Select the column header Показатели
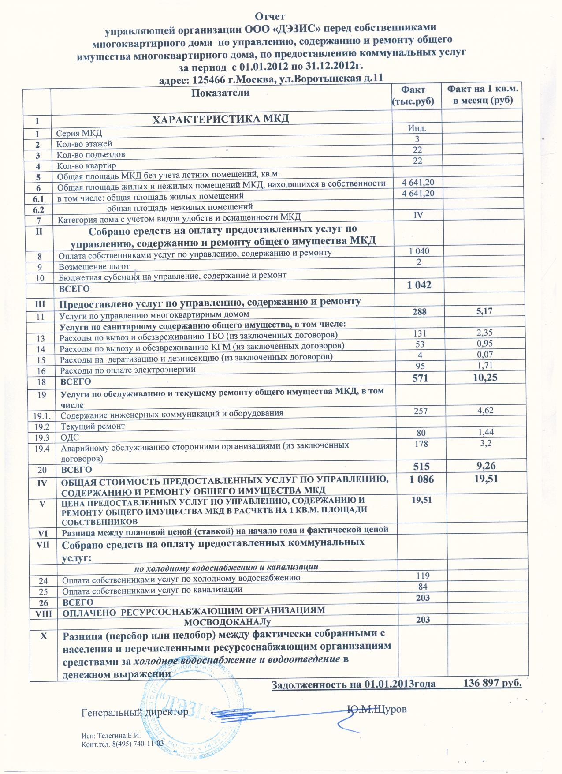(220, 93)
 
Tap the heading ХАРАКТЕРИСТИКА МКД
(220, 119)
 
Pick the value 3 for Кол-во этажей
(417, 139)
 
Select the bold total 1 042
(419, 285)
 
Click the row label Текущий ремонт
(93, 426)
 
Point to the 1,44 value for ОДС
(486, 432)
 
